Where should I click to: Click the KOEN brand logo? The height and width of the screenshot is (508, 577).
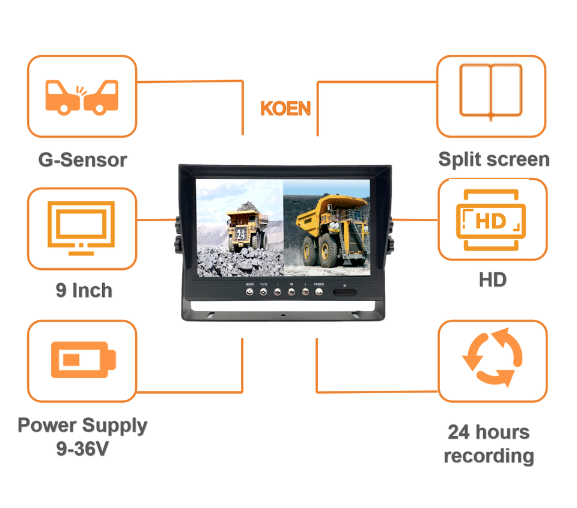tap(285, 109)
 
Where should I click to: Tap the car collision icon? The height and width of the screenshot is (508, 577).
tap(82, 96)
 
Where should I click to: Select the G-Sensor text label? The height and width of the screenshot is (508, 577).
tap(82, 160)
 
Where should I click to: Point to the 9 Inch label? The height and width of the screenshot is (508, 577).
tap(84, 290)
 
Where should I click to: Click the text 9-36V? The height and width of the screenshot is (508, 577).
tap(82, 448)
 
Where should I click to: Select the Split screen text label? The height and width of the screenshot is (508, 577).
tap(493, 159)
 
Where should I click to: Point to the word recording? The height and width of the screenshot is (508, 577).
tap(489, 456)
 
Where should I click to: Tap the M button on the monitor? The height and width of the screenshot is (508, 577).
tap(291, 292)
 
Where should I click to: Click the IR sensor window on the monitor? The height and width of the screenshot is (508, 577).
tap(344, 293)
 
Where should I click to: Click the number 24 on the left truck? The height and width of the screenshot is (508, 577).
tap(241, 234)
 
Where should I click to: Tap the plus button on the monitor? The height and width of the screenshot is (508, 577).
tap(305, 292)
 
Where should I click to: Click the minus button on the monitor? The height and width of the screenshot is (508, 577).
tap(277, 292)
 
